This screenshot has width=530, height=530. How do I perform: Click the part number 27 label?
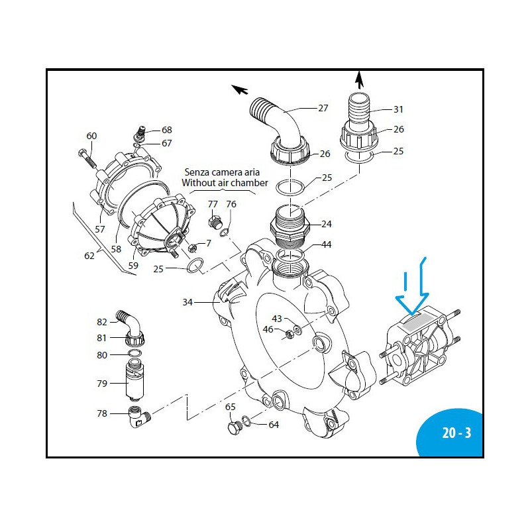(x=323, y=108)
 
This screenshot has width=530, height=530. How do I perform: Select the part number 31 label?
(x=398, y=109)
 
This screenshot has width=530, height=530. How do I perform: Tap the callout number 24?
(x=327, y=223)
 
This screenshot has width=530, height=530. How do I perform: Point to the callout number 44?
(x=327, y=244)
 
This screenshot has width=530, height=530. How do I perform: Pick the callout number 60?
(x=91, y=136)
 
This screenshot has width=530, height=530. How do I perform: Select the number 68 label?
(x=166, y=130)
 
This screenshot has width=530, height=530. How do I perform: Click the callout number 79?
(x=102, y=382)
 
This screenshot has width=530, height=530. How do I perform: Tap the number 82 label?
(x=102, y=321)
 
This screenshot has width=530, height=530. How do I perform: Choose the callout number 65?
(x=230, y=407)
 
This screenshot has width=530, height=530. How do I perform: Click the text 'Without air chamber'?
(x=225, y=182)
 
